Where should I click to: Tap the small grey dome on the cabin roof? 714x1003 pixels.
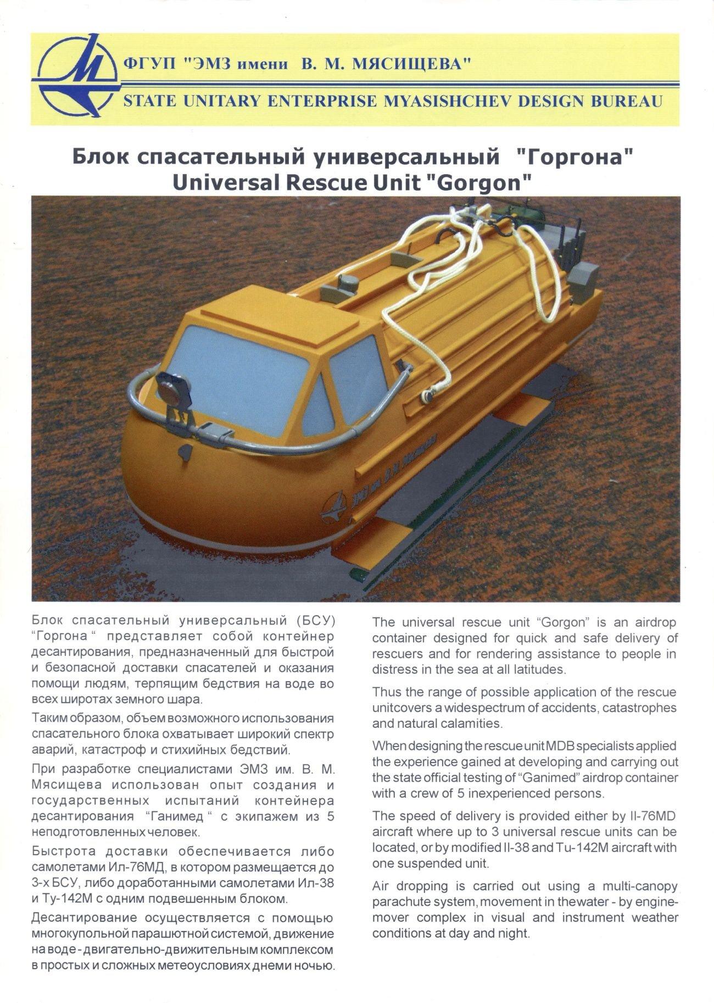[x=347, y=283]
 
